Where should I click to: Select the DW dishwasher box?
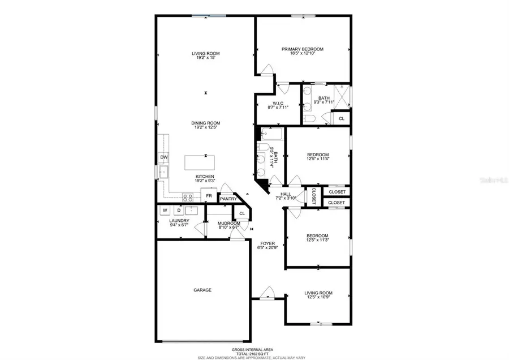pos(163,157)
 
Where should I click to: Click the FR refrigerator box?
pos(209,196)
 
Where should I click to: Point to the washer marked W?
pos(165,211)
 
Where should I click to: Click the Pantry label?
pos(228,199)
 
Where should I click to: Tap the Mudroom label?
pos(229,223)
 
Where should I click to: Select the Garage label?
pos(202,290)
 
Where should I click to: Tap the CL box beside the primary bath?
pos(340,118)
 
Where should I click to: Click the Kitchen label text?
pos(205,176)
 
